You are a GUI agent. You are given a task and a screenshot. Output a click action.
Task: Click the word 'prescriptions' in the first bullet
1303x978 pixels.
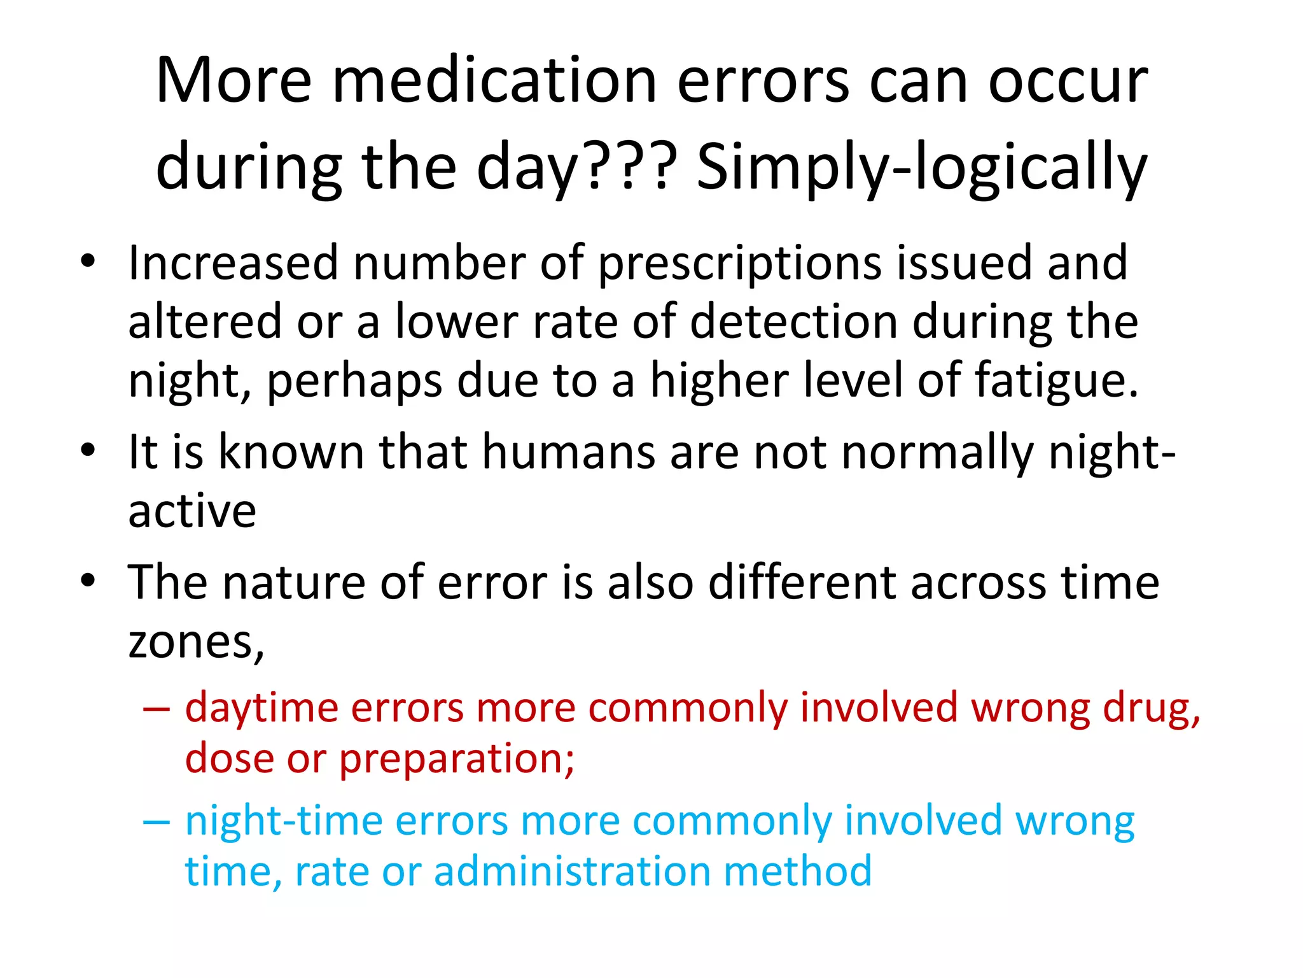click(x=740, y=264)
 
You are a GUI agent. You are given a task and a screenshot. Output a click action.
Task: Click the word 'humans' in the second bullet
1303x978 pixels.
click(x=568, y=452)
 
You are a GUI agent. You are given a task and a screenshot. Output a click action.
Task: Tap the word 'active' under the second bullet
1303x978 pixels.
click(x=192, y=511)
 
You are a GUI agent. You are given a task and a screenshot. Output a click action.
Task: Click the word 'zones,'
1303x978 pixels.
click(x=196, y=642)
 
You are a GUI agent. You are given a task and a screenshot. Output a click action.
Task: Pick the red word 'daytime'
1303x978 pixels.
click(x=261, y=708)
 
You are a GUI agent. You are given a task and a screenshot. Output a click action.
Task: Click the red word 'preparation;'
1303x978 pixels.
click(x=456, y=759)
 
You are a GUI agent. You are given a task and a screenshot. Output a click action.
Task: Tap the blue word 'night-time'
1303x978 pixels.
click(x=283, y=821)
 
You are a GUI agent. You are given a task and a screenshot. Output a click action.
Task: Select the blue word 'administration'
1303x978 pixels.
click(x=572, y=871)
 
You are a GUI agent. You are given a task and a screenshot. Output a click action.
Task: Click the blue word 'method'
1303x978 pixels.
click(x=797, y=871)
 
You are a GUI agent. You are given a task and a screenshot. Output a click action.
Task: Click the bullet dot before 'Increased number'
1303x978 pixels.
click(x=88, y=262)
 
